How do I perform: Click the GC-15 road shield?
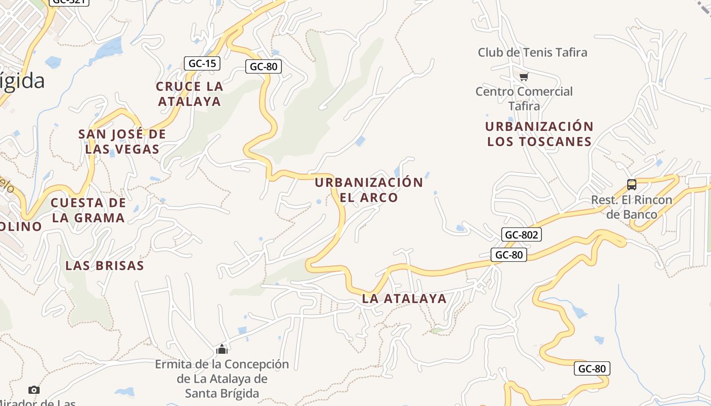202,63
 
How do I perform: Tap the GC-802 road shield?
522,234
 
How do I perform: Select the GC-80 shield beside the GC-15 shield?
264,66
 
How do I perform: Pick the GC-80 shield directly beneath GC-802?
508,255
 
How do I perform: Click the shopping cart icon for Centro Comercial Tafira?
524,77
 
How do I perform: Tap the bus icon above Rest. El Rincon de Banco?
632,185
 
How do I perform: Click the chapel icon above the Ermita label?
222,349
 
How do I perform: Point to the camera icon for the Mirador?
34,390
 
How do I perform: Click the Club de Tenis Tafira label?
532,52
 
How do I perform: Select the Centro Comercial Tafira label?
524,99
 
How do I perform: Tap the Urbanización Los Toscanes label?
539,134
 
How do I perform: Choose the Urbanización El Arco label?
369,190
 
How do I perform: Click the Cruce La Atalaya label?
189,94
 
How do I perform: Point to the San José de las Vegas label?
122,142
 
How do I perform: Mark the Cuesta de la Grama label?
88,210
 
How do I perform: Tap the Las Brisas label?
105,265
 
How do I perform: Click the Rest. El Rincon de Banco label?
632,207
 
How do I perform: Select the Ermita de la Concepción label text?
222,379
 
